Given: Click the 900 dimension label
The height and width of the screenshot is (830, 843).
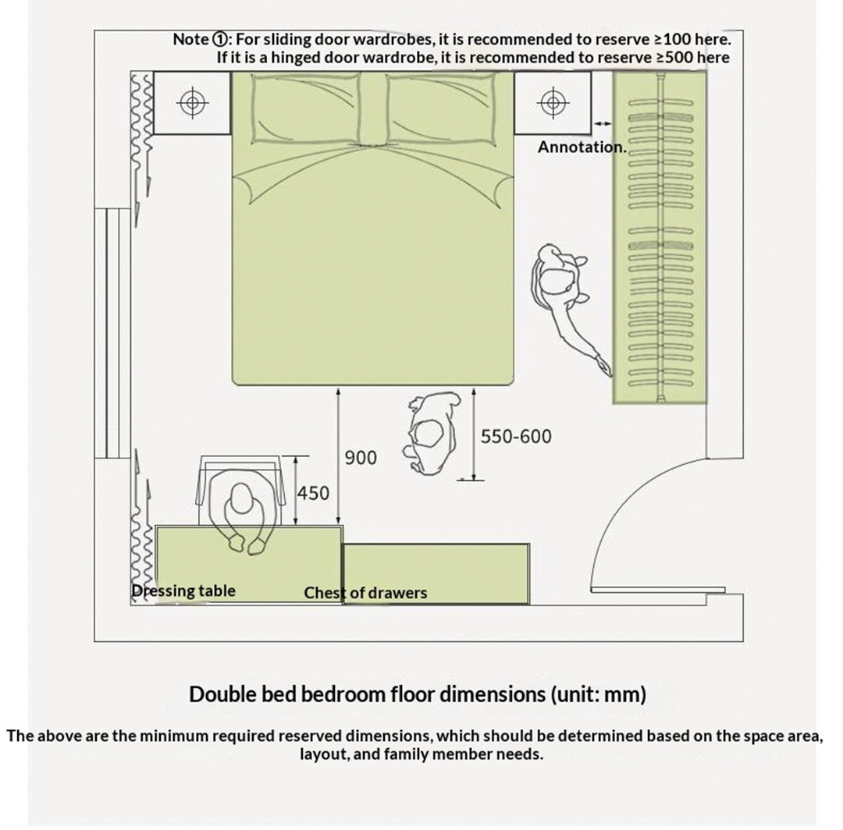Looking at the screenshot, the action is [x=360, y=458].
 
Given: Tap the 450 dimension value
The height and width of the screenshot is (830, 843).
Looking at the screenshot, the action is [x=313, y=493].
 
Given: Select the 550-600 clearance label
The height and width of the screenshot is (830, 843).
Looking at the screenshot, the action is [x=516, y=436].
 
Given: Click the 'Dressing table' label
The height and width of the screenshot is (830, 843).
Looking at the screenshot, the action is [x=183, y=591].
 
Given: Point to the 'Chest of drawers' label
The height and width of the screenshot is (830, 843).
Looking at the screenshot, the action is [x=365, y=593].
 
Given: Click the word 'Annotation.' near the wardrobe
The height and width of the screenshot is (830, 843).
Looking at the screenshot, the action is [x=582, y=147].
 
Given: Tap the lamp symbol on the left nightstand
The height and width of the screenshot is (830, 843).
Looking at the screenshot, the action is [x=193, y=103].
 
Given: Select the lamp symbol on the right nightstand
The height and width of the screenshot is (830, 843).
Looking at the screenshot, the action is [x=553, y=103].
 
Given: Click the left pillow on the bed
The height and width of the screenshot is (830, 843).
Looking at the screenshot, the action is [x=306, y=108].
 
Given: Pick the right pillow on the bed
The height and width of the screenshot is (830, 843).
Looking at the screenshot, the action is [x=441, y=108].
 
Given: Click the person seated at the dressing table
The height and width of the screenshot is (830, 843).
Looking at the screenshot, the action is [x=245, y=510].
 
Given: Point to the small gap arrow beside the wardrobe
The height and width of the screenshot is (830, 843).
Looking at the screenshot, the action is [x=603, y=123].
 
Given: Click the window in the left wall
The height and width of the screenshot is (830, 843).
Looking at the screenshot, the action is [x=113, y=333].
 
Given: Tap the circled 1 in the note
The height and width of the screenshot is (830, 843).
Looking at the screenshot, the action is [x=220, y=39].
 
